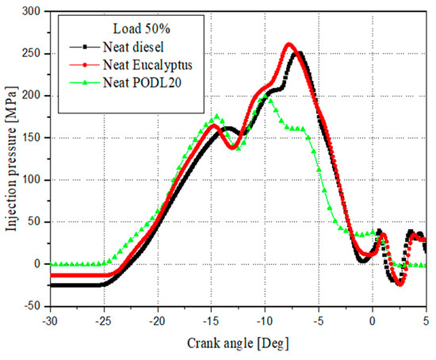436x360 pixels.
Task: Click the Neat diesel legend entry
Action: [131, 47]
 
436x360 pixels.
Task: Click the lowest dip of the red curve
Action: [400, 284]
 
